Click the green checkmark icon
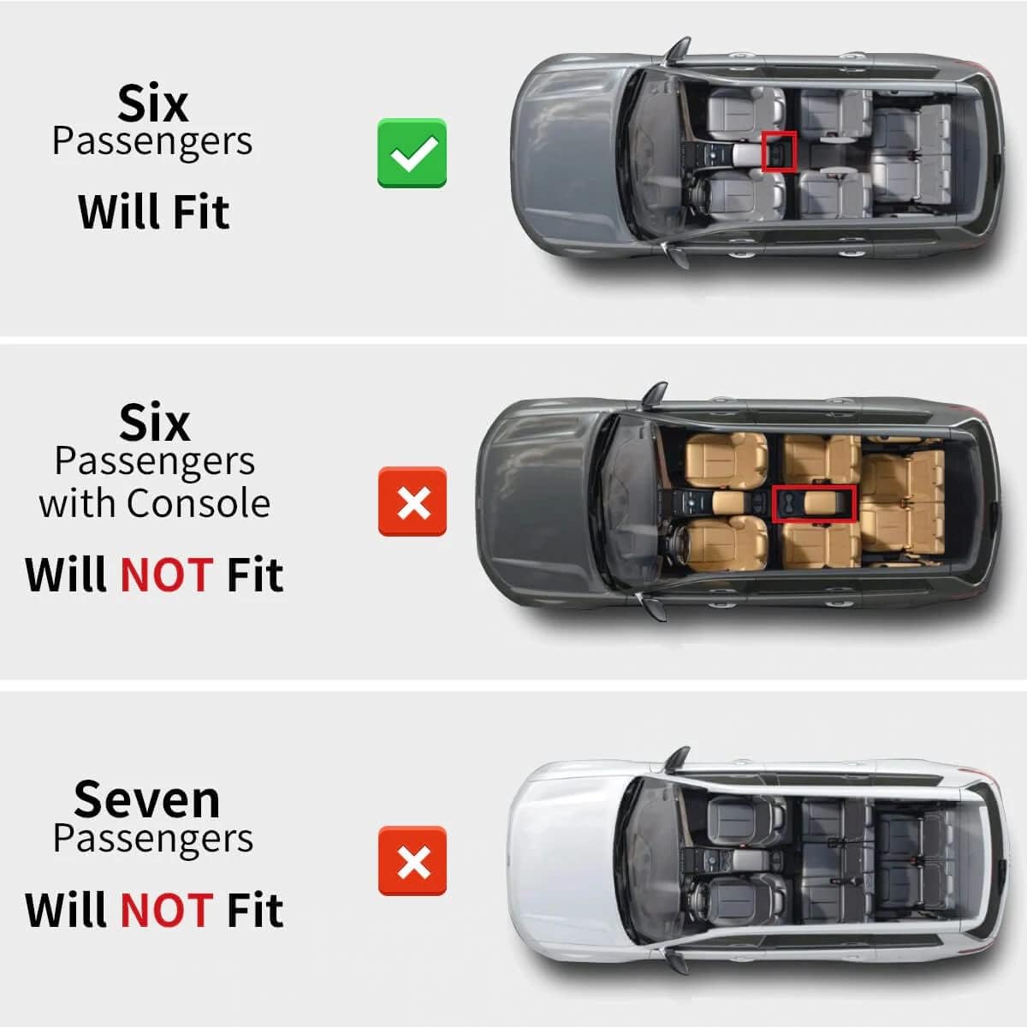coord(412,153)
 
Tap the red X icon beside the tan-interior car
coord(412,502)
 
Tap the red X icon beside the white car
coord(412,861)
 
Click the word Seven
coord(147,800)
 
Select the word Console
coord(199,503)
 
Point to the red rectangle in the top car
coord(779,151)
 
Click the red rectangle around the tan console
coord(815,503)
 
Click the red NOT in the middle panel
coord(168,575)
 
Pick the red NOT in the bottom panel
coord(168,911)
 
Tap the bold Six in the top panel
coord(153,104)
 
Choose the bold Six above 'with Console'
coord(155,423)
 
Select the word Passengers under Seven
coord(153,840)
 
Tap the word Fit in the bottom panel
coord(255,911)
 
